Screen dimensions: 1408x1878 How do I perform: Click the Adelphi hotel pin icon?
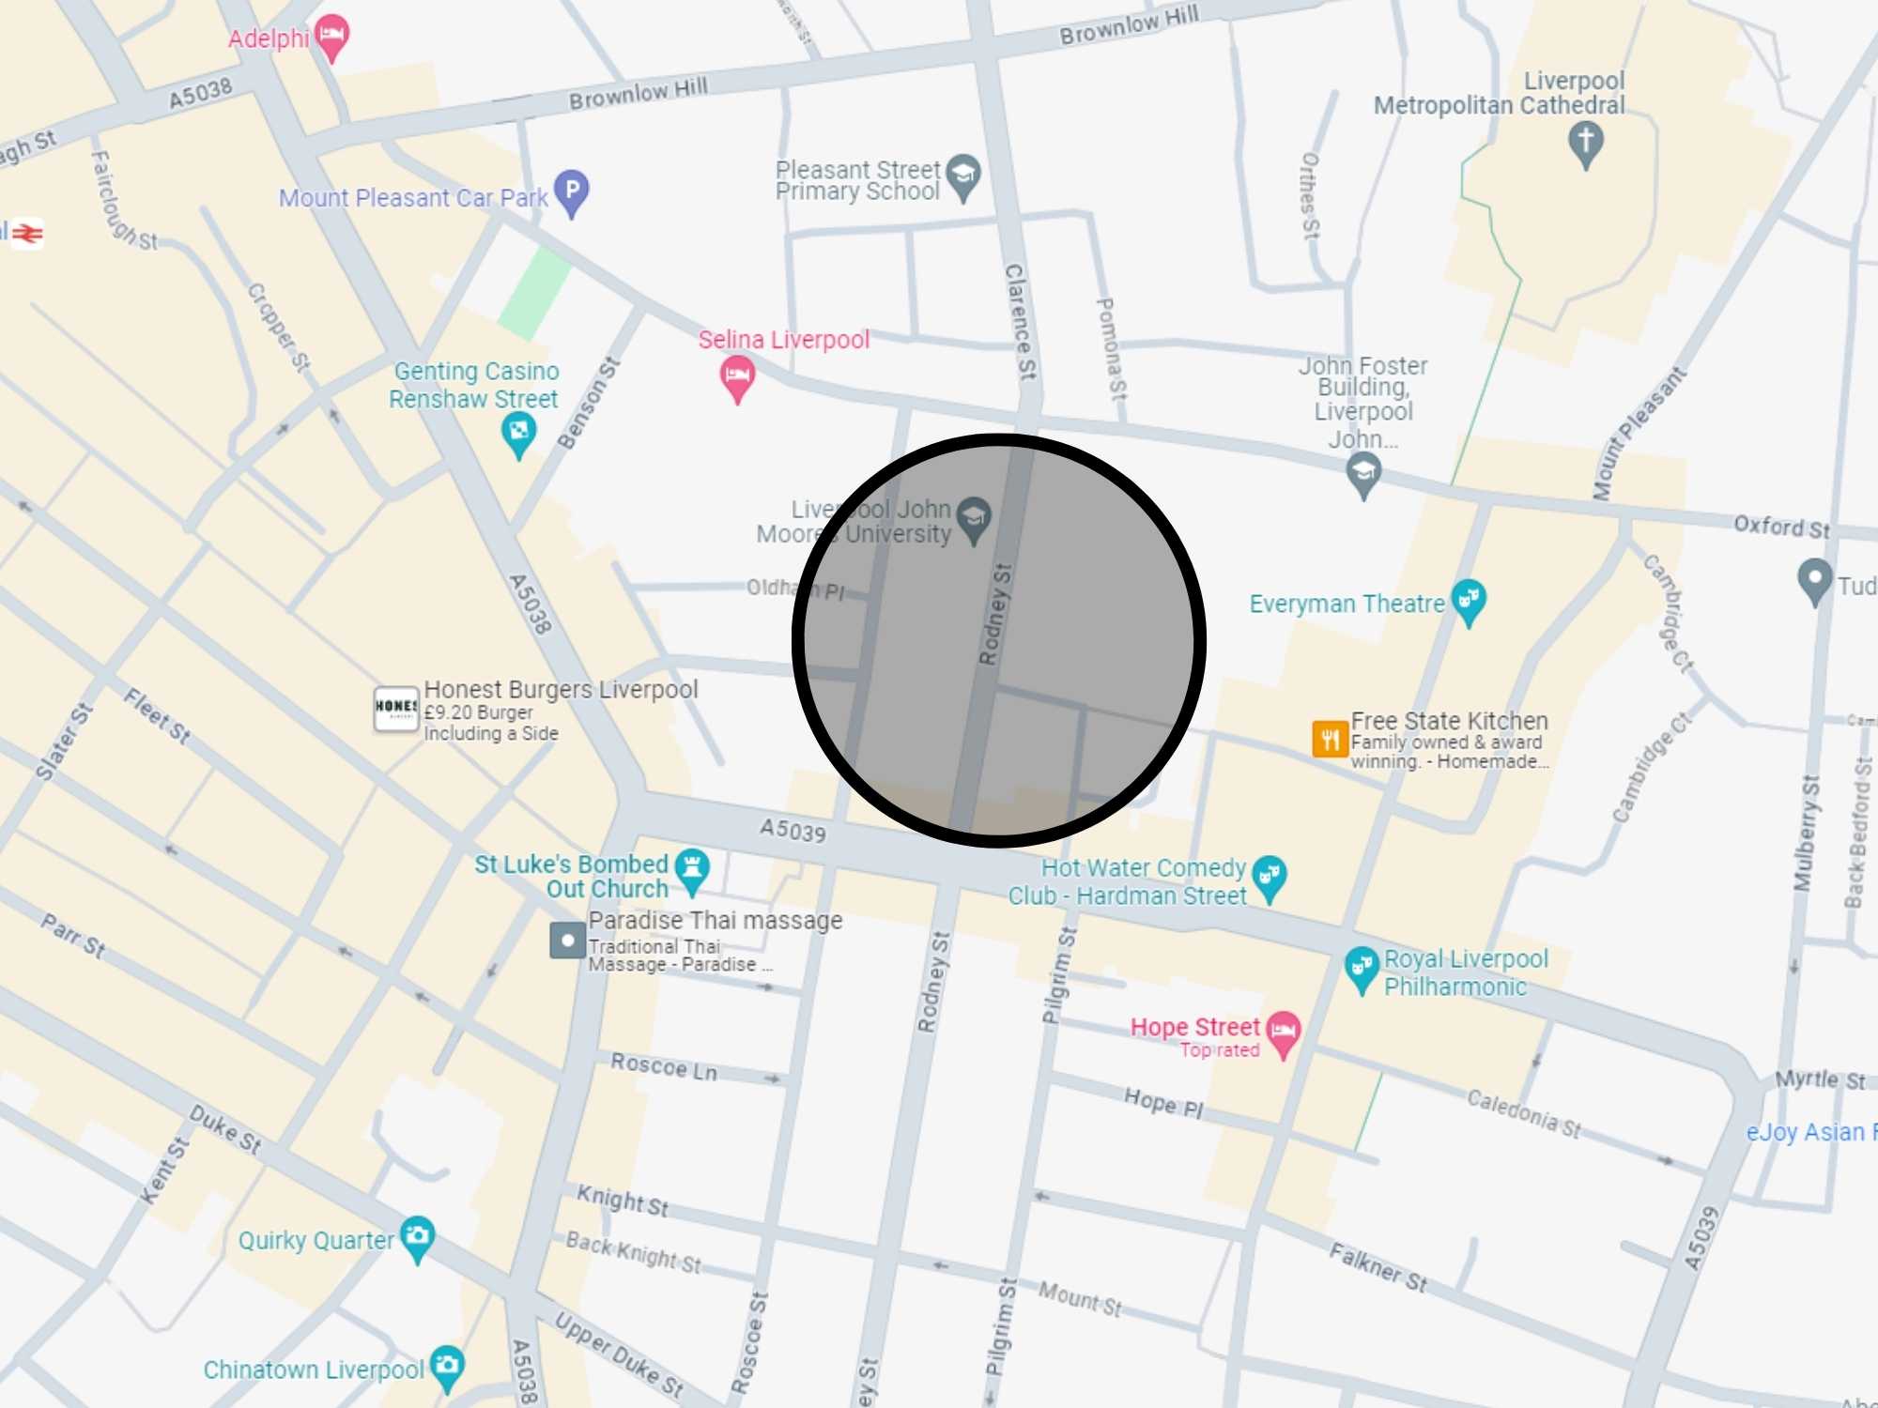coord(331,35)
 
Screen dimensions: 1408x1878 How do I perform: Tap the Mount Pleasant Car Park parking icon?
coord(571,190)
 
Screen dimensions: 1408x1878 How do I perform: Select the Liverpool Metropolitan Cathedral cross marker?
coord(1585,142)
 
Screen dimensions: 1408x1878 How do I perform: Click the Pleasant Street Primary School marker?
coord(963,176)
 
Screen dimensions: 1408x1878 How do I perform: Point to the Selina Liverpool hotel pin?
coord(737,376)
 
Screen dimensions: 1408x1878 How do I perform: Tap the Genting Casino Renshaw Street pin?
coord(518,433)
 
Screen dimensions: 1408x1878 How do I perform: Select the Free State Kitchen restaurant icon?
coord(1330,738)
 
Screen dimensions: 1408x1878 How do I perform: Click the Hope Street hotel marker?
coord(1283,1032)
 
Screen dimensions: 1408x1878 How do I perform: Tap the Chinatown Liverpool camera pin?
coord(447,1365)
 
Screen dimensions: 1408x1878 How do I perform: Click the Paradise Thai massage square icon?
coord(567,940)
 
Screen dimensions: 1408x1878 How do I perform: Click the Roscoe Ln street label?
coord(663,1067)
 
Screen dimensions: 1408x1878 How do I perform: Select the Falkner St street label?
coord(1378,1266)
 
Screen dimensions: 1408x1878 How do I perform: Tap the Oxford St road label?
coord(1781,527)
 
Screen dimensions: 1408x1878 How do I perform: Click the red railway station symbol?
coord(28,233)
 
